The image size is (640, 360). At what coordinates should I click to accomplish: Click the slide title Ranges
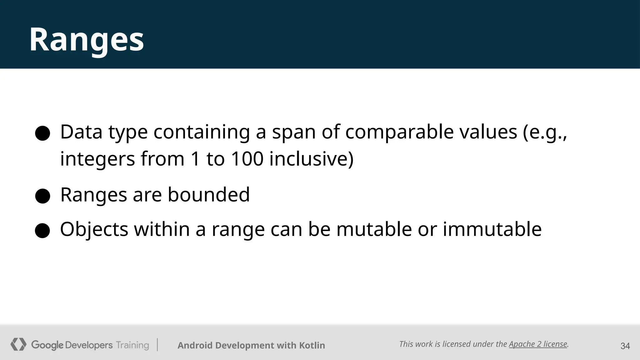(x=87, y=40)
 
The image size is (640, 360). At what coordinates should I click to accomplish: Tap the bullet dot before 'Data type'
(x=42, y=133)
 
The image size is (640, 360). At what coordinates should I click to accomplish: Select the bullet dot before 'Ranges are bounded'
(x=42, y=196)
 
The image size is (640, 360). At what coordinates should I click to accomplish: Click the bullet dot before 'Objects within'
(x=42, y=231)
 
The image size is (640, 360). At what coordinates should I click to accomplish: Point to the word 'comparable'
(x=399, y=132)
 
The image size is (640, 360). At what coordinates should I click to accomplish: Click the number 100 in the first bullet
(x=247, y=159)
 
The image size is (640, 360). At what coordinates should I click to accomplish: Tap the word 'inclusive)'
(x=311, y=159)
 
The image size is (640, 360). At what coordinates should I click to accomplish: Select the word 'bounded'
(x=208, y=195)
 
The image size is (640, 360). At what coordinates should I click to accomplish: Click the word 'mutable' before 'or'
(x=374, y=229)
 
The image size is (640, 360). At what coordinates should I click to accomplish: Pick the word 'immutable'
(x=492, y=229)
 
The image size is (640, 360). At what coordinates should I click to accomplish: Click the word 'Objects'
(x=94, y=229)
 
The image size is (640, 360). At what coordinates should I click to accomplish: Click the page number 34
(x=625, y=346)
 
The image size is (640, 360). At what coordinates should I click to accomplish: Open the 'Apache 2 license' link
(x=538, y=344)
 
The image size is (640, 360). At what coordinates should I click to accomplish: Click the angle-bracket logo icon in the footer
(x=18, y=344)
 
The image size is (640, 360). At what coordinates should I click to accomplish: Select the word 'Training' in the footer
(x=132, y=345)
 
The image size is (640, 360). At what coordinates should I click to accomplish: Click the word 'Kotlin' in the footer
(x=312, y=345)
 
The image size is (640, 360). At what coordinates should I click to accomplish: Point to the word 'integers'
(x=97, y=159)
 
